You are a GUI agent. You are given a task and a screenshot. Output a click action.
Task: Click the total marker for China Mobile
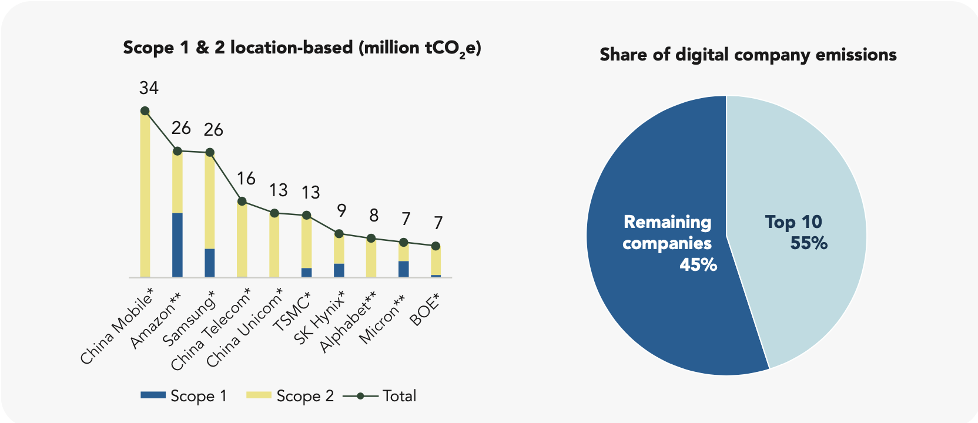[145, 111]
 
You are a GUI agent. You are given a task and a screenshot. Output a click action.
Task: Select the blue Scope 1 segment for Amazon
[177, 244]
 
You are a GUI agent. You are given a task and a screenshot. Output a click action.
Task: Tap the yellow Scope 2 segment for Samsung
[210, 200]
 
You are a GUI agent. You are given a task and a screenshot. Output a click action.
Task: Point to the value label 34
[149, 88]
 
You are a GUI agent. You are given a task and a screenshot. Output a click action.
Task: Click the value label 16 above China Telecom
[246, 179]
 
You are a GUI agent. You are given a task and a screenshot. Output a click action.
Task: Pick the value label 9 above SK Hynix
[341, 210]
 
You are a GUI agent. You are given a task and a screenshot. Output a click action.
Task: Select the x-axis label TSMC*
[292, 312]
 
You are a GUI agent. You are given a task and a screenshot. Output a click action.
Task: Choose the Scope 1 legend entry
[184, 396]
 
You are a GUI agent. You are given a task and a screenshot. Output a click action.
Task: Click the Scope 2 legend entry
[290, 396]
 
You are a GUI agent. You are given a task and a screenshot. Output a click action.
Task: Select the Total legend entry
[380, 396]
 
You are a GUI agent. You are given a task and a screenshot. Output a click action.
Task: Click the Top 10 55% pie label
[796, 232]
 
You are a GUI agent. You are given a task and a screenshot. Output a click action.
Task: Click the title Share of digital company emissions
[748, 55]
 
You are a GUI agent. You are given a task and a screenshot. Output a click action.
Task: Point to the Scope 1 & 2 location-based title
[302, 48]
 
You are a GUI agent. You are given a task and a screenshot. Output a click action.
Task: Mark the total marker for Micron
[404, 242]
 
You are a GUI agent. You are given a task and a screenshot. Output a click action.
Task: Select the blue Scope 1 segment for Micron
[404, 269]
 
